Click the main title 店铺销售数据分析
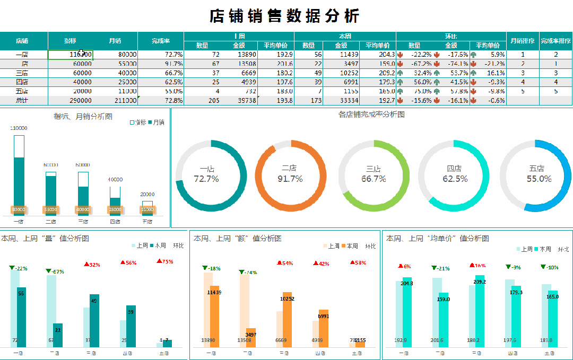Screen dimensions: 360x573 [x=285, y=16]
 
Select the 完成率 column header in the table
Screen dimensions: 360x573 [x=160, y=41]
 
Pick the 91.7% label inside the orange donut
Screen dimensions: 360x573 [x=290, y=179]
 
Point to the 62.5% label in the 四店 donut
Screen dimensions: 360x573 [x=455, y=179]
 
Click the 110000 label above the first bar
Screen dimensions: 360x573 [x=19, y=128]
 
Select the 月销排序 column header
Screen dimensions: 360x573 [x=522, y=41]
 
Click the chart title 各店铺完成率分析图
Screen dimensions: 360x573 [x=371, y=115]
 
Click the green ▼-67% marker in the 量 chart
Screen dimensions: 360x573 [x=55, y=272]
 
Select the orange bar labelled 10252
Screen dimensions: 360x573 [x=287, y=318]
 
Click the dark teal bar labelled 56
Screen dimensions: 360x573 [x=21, y=318]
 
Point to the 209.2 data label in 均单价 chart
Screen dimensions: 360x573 [x=480, y=282]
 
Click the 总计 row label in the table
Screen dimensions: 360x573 [x=22, y=100]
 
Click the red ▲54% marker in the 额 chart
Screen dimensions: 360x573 [x=285, y=263]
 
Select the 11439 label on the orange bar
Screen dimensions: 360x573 [x=214, y=292]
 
